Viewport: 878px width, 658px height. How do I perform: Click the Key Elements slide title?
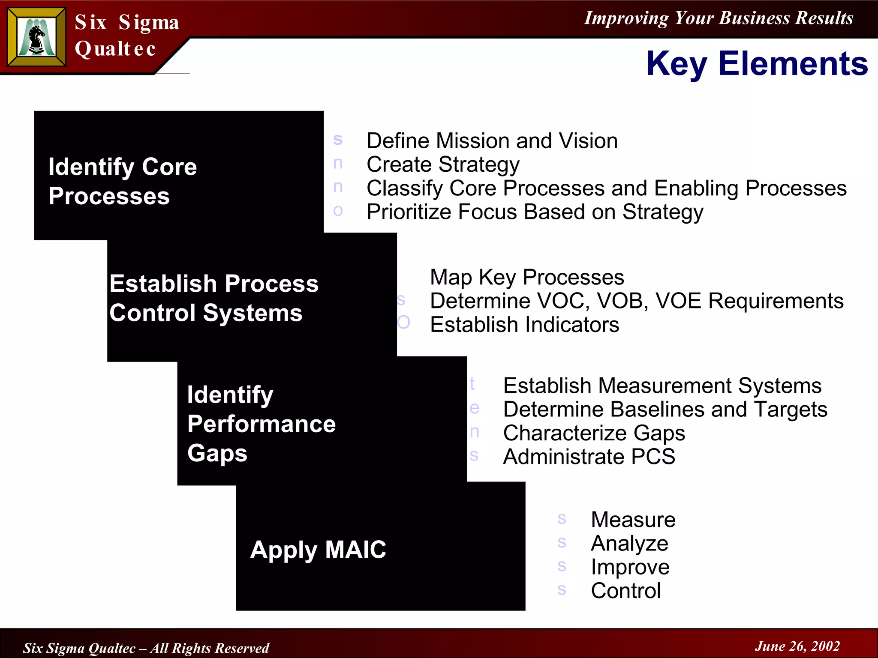(x=757, y=63)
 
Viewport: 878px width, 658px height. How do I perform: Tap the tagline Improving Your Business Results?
(x=719, y=18)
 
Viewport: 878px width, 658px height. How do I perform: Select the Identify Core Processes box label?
(x=122, y=181)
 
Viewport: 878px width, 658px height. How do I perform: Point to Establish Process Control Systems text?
(x=213, y=298)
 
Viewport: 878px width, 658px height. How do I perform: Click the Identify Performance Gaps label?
(x=261, y=423)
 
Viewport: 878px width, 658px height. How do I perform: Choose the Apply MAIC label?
(x=318, y=550)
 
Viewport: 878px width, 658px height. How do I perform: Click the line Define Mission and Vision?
(x=492, y=141)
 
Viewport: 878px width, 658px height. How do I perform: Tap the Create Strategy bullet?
(x=442, y=164)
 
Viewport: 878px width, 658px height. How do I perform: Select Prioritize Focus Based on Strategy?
(x=535, y=212)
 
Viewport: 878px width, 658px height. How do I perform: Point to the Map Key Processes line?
(x=526, y=277)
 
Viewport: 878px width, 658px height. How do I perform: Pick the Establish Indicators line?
(x=524, y=325)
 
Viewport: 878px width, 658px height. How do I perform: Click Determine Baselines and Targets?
(x=665, y=410)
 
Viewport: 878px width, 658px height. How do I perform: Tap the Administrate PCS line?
(x=589, y=457)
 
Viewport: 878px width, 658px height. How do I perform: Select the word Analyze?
(x=629, y=544)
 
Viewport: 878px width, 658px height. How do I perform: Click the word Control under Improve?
(x=625, y=591)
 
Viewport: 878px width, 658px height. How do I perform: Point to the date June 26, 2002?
(x=797, y=646)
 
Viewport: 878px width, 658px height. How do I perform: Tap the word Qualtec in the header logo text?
(x=115, y=49)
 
